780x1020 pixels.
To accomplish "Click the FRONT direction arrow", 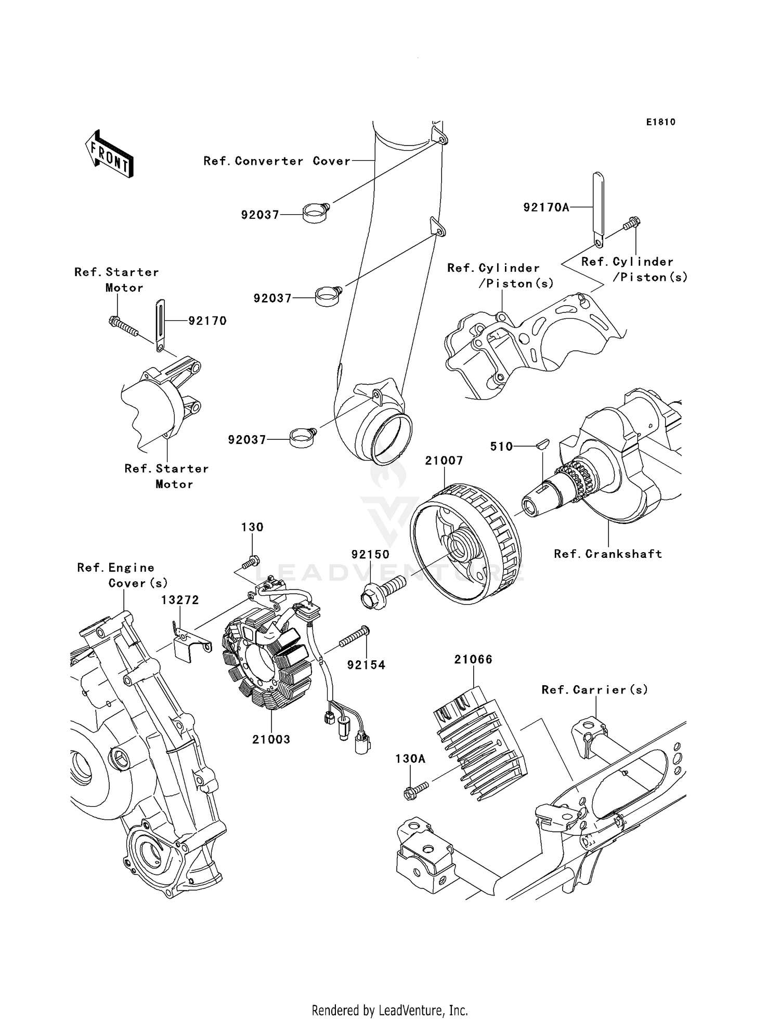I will pyautogui.click(x=110, y=154).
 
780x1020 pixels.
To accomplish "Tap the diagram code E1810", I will pyautogui.click(x=660, y=122).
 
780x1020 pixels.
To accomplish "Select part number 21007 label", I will pyautogui.click(x=444, y=461).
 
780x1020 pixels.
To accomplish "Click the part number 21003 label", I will pyautogui.click(x=271, y=739).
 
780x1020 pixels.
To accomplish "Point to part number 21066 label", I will pyautogui.click(x=473, y=659).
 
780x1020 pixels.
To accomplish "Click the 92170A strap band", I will pyautogui.click(x=599, y=211).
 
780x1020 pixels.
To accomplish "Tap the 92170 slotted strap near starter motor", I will pyautogui.click(x=160, y=325).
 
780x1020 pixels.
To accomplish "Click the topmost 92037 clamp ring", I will pyautogui.click(x=316, y=212).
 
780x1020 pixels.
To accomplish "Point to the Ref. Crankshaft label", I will pyautogui.click(x=608, y=554).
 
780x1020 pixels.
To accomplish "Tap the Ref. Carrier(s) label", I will pyautogui.click(x=594, y=690).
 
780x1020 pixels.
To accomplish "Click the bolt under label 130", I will pyautogui.click(x=251, y=562).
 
